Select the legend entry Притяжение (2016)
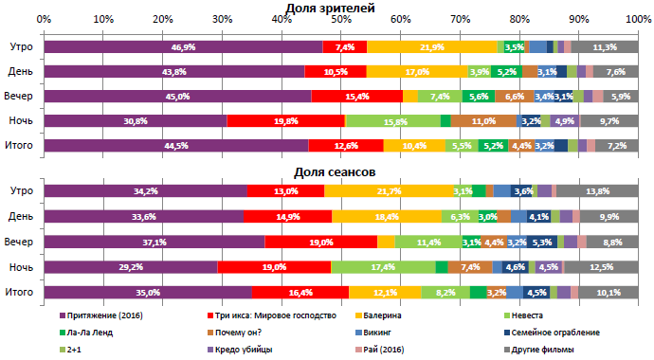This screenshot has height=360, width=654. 106,315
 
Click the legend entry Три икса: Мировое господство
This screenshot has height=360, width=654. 271,315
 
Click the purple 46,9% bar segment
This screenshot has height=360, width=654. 183,46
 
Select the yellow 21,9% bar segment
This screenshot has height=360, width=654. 431,46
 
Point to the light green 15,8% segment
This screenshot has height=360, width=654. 393,120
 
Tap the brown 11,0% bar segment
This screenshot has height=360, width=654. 483,120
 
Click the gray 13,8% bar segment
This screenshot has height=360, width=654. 597,192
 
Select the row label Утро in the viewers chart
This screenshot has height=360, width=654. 20,46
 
